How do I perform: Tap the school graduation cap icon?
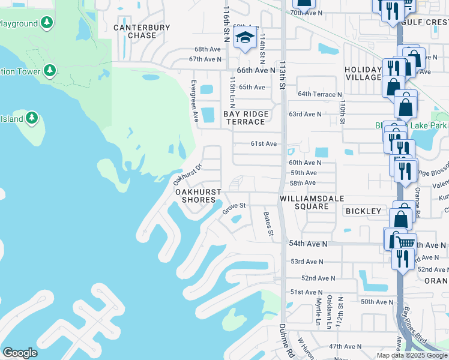244,38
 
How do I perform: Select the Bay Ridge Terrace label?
244,118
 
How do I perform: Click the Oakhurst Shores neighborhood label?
199,196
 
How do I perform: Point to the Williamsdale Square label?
304,202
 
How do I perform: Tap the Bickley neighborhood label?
363,211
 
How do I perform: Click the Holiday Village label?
363,73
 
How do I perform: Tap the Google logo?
20,353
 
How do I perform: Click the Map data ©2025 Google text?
412,355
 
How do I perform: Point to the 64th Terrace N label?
320,94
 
